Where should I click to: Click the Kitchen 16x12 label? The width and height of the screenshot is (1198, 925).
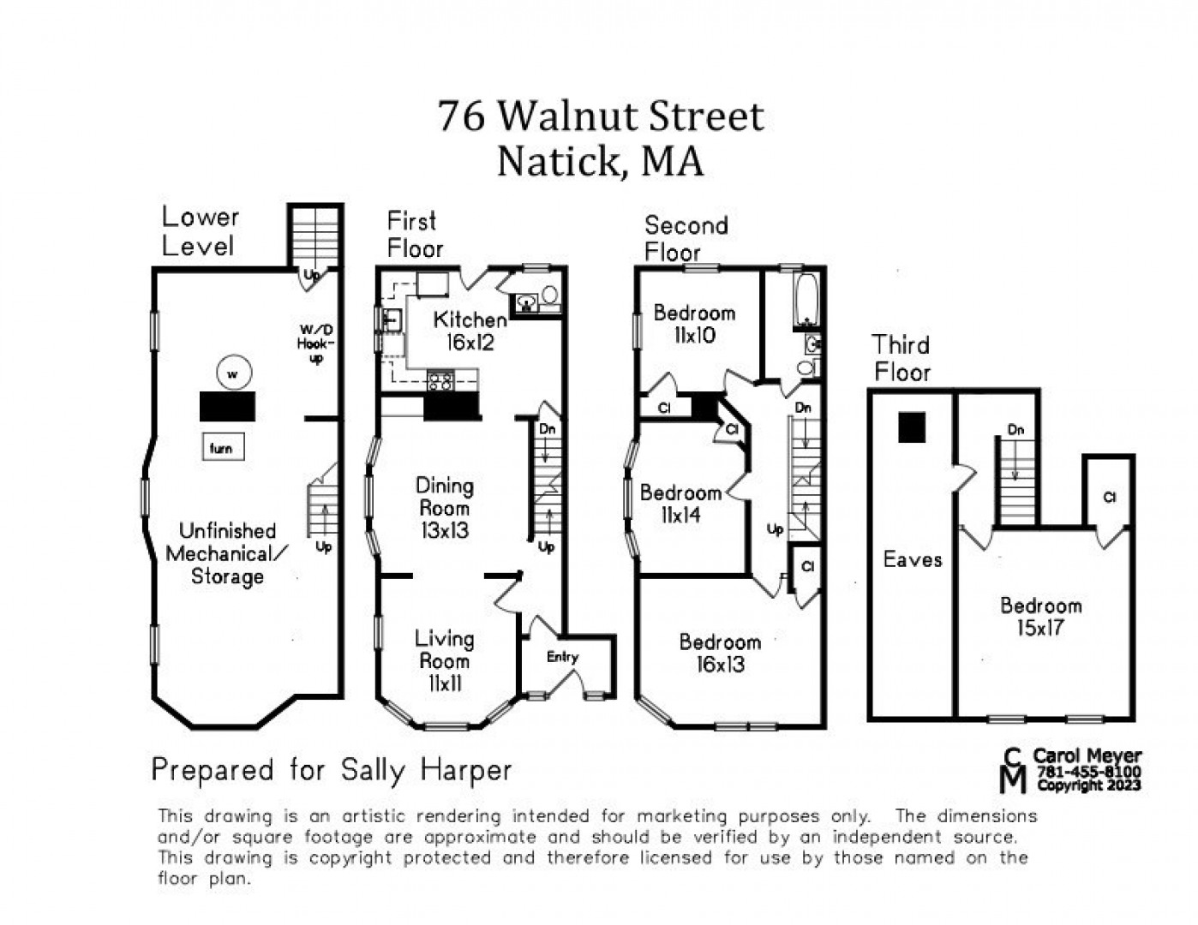tap(470, 331)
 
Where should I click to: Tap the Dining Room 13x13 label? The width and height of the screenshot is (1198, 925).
tap(445, 508)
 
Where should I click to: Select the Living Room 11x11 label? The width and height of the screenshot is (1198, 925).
tap(445, 662)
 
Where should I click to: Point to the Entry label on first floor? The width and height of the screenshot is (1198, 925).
tap(563, 657)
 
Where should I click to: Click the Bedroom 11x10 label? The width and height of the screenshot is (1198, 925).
tap(695, 324)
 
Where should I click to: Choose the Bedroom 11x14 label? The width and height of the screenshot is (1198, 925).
tap(681, 504)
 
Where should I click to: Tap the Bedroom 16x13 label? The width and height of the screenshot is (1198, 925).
tap(720, 653)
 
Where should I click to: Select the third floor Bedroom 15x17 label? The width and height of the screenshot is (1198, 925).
tap(1041, 617)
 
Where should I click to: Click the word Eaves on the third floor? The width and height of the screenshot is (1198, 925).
tap(913, 560)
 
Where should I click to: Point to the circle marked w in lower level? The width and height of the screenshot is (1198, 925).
tap(234, 373)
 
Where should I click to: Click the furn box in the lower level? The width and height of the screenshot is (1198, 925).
tap(224, 447)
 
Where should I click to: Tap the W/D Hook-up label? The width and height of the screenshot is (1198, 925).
tap(316, 344)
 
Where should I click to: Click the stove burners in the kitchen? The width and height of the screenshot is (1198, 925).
tap(440, 381)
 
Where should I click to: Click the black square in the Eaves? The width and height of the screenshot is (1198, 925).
tap(912, 427)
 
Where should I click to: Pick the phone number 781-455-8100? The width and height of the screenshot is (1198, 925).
tap(1089, 772)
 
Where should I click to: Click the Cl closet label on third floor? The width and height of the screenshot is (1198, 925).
tap(1110, 498)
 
